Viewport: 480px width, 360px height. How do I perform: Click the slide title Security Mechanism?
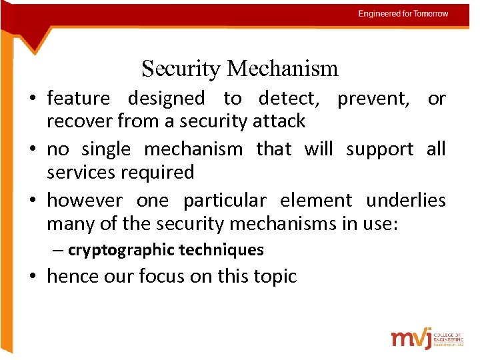click(x=239, y=68)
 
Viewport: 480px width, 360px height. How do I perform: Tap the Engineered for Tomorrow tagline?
click(x=403, y=14)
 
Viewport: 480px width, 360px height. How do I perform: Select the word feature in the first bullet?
click(x=78, y=99)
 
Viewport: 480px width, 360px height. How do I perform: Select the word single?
click(x=106, y=149)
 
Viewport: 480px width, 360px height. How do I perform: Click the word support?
click(x=379, y=149)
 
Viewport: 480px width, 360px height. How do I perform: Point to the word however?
click(x=85, y=200)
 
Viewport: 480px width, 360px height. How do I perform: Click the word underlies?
click(x=405, y=200)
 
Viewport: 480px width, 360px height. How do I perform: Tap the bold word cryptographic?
click(x=117, y=250)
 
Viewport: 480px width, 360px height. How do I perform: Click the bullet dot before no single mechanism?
click(x=33, y=149)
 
